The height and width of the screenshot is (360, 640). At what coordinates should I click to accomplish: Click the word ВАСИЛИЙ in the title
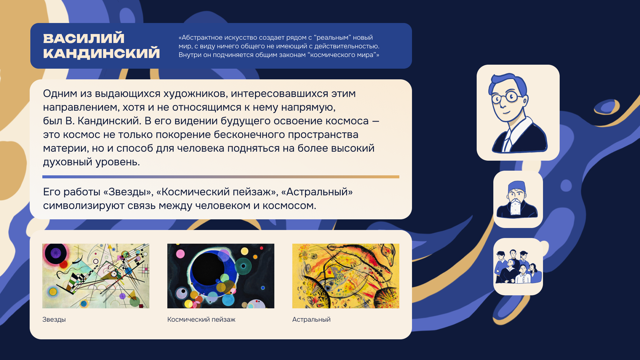pos(84,38)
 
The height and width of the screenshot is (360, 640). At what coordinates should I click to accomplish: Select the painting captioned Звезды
pos(96,276)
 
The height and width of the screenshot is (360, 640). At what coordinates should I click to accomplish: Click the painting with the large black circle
pos(221,276)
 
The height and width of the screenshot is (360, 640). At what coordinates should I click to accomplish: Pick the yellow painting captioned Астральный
pos(346,276)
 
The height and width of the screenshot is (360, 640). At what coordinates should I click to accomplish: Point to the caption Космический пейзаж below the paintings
pos(201,319)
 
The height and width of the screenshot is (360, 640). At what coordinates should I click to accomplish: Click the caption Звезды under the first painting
pos(54,319)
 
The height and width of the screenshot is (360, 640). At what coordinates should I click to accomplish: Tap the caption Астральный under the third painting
pos(311,319)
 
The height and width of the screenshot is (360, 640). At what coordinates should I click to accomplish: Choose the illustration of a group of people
pos(518,267)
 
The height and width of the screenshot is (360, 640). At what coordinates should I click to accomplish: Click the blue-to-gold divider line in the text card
pos(221,177)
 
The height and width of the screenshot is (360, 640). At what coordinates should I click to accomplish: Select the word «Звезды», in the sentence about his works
pos(128,192)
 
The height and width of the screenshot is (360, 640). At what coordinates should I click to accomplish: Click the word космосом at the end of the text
pos(289,206)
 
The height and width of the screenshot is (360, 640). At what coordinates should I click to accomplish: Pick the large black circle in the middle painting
pos(208,269)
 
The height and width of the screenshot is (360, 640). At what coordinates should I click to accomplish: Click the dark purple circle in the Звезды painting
pos(56,253)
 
